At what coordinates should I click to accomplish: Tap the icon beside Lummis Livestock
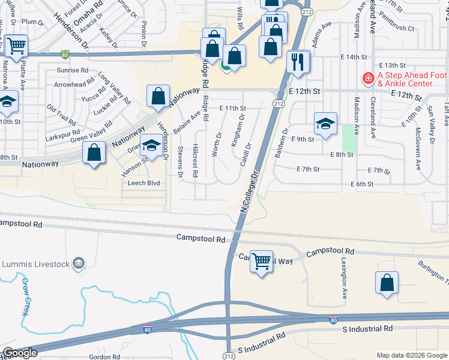click(x=77, y=262)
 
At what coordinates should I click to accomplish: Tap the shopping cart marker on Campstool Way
click(x=261, y=262)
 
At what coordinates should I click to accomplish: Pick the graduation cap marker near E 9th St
click(x=325, y=124)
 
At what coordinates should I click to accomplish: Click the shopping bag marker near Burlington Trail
click(x=387, y=283)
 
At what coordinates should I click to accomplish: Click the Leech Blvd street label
click(x=144, y=183)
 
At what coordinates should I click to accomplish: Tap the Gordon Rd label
click(x=100, y=356)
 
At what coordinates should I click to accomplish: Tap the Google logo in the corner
click(x=20, y=353)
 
